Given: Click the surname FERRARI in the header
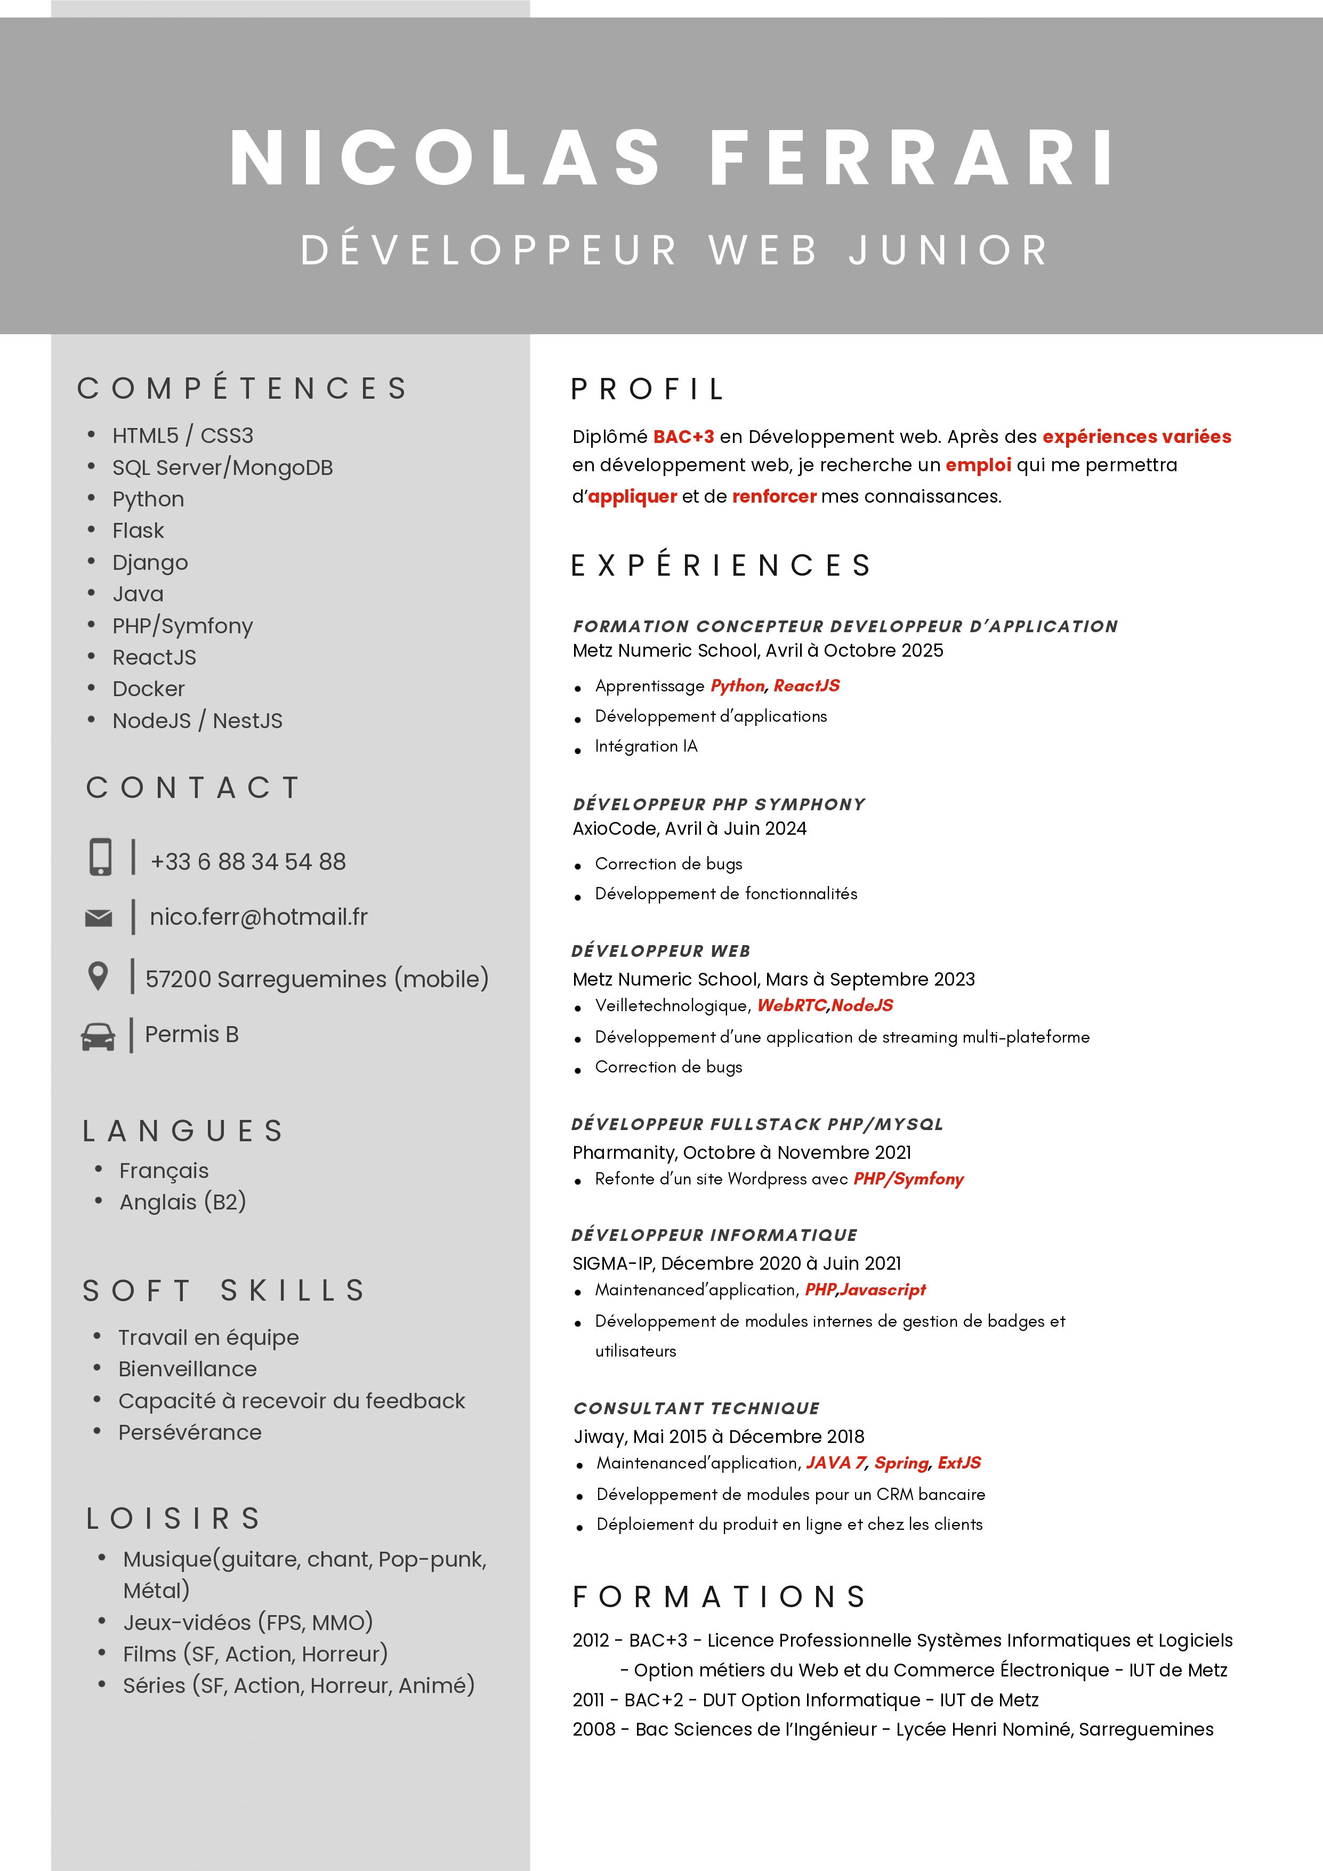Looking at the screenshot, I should [x=911, y=158].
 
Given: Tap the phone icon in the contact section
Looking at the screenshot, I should [x=100, y=857].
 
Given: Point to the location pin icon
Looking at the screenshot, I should [x=98, y=976].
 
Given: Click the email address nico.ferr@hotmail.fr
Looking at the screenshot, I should [x=258, y=917].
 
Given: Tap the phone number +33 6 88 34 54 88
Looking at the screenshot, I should [x=248, y=861].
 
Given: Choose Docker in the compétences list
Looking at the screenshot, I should [x=148, y=689].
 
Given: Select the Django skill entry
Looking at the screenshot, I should [x=150, y=562].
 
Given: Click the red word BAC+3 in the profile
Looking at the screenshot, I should [x=683, y=437].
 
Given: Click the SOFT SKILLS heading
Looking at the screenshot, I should [x=224, y=1291].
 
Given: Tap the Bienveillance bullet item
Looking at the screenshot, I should [x=188, y=1369].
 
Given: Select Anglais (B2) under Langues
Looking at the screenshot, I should [x=182, y=1202].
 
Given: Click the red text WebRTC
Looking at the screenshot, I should [x=791, y=1005].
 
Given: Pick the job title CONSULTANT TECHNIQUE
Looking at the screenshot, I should [x=697, y=1408].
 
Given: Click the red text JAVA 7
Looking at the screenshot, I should [x=836, y=1463].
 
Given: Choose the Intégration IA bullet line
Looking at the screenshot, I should [x=646, y=746].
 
